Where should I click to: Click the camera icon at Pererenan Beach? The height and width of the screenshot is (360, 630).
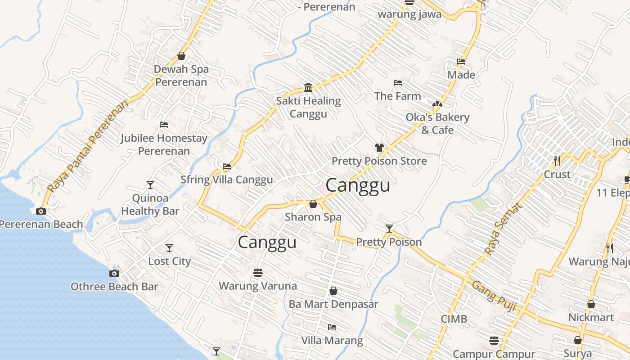pyautogui.click(x=41, y=211)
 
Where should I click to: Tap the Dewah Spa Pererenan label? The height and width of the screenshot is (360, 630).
pyautogui.click(x=181, y=76)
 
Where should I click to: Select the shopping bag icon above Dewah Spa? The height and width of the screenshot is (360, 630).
pyautogui.click(x=181, y=56)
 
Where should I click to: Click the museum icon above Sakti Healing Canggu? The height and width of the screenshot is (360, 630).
pyautogui.click(x=308, y=87)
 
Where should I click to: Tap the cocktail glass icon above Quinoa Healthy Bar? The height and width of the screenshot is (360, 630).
pyautogui.click(x=150, y=184)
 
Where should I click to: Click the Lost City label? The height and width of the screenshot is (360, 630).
pyautogui.click(x=170, y=261)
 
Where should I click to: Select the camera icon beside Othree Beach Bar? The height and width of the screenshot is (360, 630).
pyautogui.click(x=114, y=273)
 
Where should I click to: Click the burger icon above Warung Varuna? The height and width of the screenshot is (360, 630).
pyautogui.click(x=258, y=272)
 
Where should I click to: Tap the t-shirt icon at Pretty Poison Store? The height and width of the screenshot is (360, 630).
pyautogui.click(x=379, y=147)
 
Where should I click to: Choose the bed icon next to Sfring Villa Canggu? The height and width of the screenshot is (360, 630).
pyautogui.click(x=227, y=166)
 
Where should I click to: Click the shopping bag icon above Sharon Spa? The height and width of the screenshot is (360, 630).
pyautogui.click(x=313, y=204)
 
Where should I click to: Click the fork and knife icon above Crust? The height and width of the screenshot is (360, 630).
pyautogui.click(x=557, y=161)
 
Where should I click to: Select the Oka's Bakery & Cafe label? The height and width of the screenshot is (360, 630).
pyautogui.click(x=437, y=123)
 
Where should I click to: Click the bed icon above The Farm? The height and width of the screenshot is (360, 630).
pyautogui.click(x=398, y=83)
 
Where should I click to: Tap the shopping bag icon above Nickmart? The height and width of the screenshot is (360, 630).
pyautogui.click(x=591, y=304)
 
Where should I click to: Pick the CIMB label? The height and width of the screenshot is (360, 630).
pyautogui.click(x=454, y=319)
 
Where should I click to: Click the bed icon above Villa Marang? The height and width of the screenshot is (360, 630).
pyautogui.click(x=332, y=327)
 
